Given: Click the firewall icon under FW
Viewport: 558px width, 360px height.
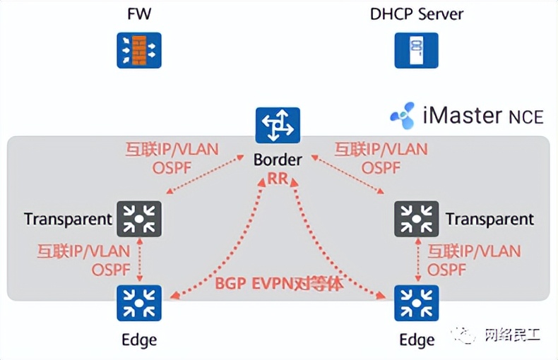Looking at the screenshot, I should pyautogui.click(x=139, y=50).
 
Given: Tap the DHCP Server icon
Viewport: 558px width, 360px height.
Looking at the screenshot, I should pyautogui.click(x=417, y=50).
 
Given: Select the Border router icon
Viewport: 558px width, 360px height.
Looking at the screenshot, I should pyautogui.click(x=278, y=125).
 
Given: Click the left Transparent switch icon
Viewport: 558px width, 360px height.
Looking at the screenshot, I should pyautogui.click(x=138, y=218).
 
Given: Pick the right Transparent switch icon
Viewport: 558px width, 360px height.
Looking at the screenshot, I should pyautogui.click(x=416, y=218).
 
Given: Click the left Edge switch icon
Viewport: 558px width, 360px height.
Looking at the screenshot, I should pyautogui.click(x=138, y=303).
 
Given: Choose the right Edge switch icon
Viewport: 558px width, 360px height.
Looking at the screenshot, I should pyautogui.click(x=416, y=303).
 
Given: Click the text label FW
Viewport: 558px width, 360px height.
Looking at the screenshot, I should pyautogui.click(x=139, y=14).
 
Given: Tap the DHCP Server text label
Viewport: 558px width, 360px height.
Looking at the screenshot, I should pyautogui.click(x=417, y=14).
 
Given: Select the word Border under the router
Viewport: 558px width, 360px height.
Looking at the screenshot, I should pyautogui.click(x=278, y=160).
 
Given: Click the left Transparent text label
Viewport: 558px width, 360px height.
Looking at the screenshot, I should pyautogui.click(x=68, y=219).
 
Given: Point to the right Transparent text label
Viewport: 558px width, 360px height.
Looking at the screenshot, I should pyautogui.click(x=489, y=219).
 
